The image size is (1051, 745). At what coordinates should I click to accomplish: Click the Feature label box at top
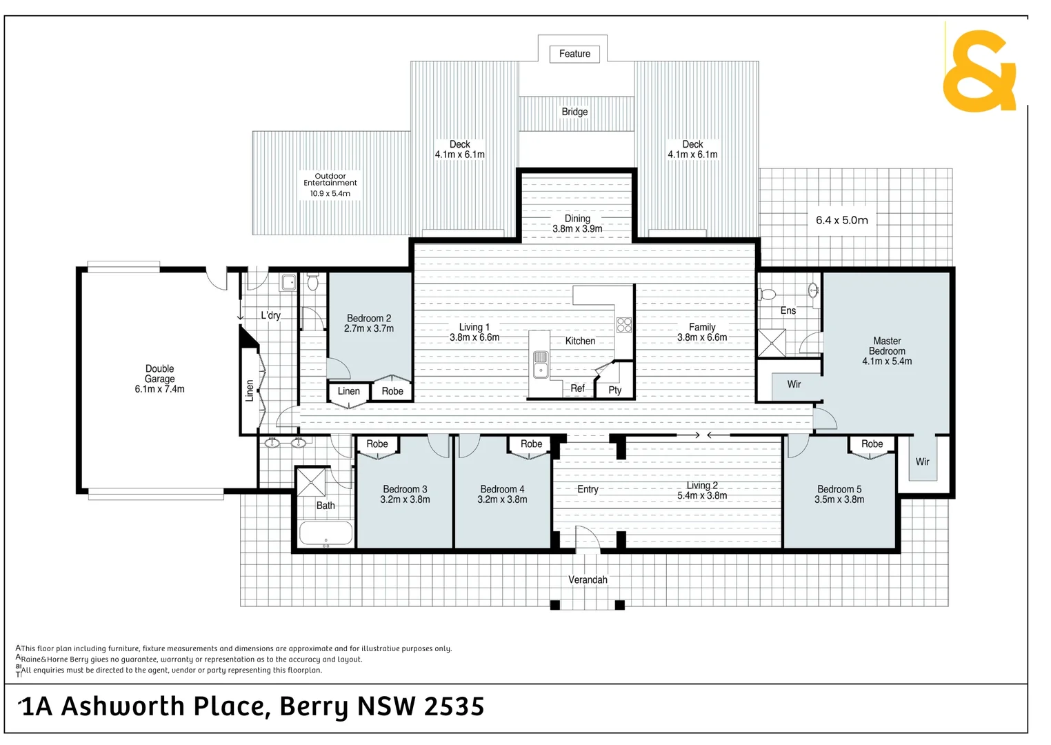(x=574, y=54)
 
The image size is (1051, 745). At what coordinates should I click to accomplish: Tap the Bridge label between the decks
(x=574, y=112)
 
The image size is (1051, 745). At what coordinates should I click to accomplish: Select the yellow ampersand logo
(x=979, y=70)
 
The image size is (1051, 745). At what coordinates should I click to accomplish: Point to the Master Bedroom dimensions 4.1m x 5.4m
(x=887, y=361)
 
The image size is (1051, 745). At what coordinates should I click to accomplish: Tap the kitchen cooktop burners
(x=624, y=325)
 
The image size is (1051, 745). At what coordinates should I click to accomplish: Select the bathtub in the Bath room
(x=326, y=533)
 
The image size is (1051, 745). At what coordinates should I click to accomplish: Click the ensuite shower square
(x=771, y=343)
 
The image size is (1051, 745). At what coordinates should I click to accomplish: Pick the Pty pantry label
(x=615, y=390)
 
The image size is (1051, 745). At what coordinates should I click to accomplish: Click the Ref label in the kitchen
(x=577, y=388)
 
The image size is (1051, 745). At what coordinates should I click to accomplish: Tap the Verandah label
(x=588, y=579)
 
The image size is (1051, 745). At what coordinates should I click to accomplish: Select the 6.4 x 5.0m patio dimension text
(x=841, y=220)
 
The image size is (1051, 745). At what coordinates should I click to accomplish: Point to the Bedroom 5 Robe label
(x=872, y=444)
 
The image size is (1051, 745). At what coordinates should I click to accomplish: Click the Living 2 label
(x=702, y=486)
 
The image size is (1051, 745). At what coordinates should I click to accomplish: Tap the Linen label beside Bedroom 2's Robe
(x=348, y=391)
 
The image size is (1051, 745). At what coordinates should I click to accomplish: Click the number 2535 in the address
(x=454, y=707)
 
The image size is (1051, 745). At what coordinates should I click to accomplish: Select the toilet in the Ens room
(x=767, y=295)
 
